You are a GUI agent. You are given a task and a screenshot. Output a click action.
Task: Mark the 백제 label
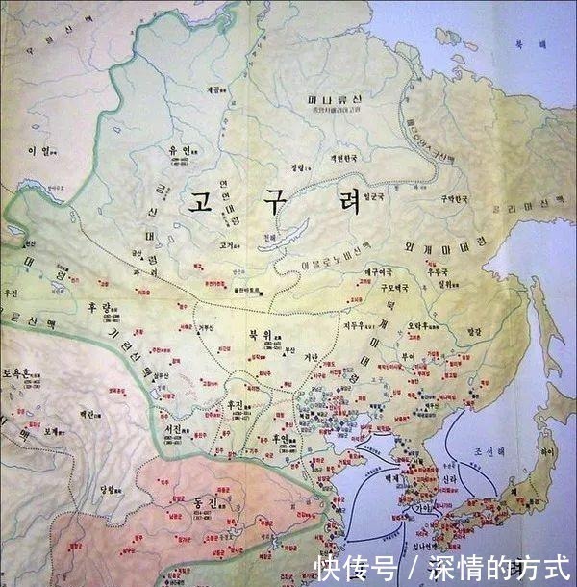[x=393, y=476]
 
